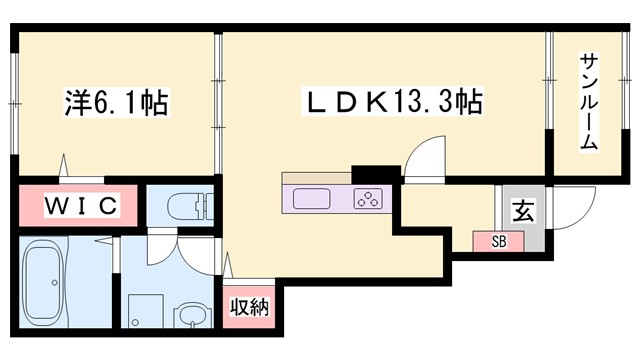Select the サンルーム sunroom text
click(588, 101)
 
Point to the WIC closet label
click(80, 207)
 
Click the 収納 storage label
click(249, 306)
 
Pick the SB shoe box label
click(497, 241)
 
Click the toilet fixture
click(185, 207)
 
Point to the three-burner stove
click(368, 198)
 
